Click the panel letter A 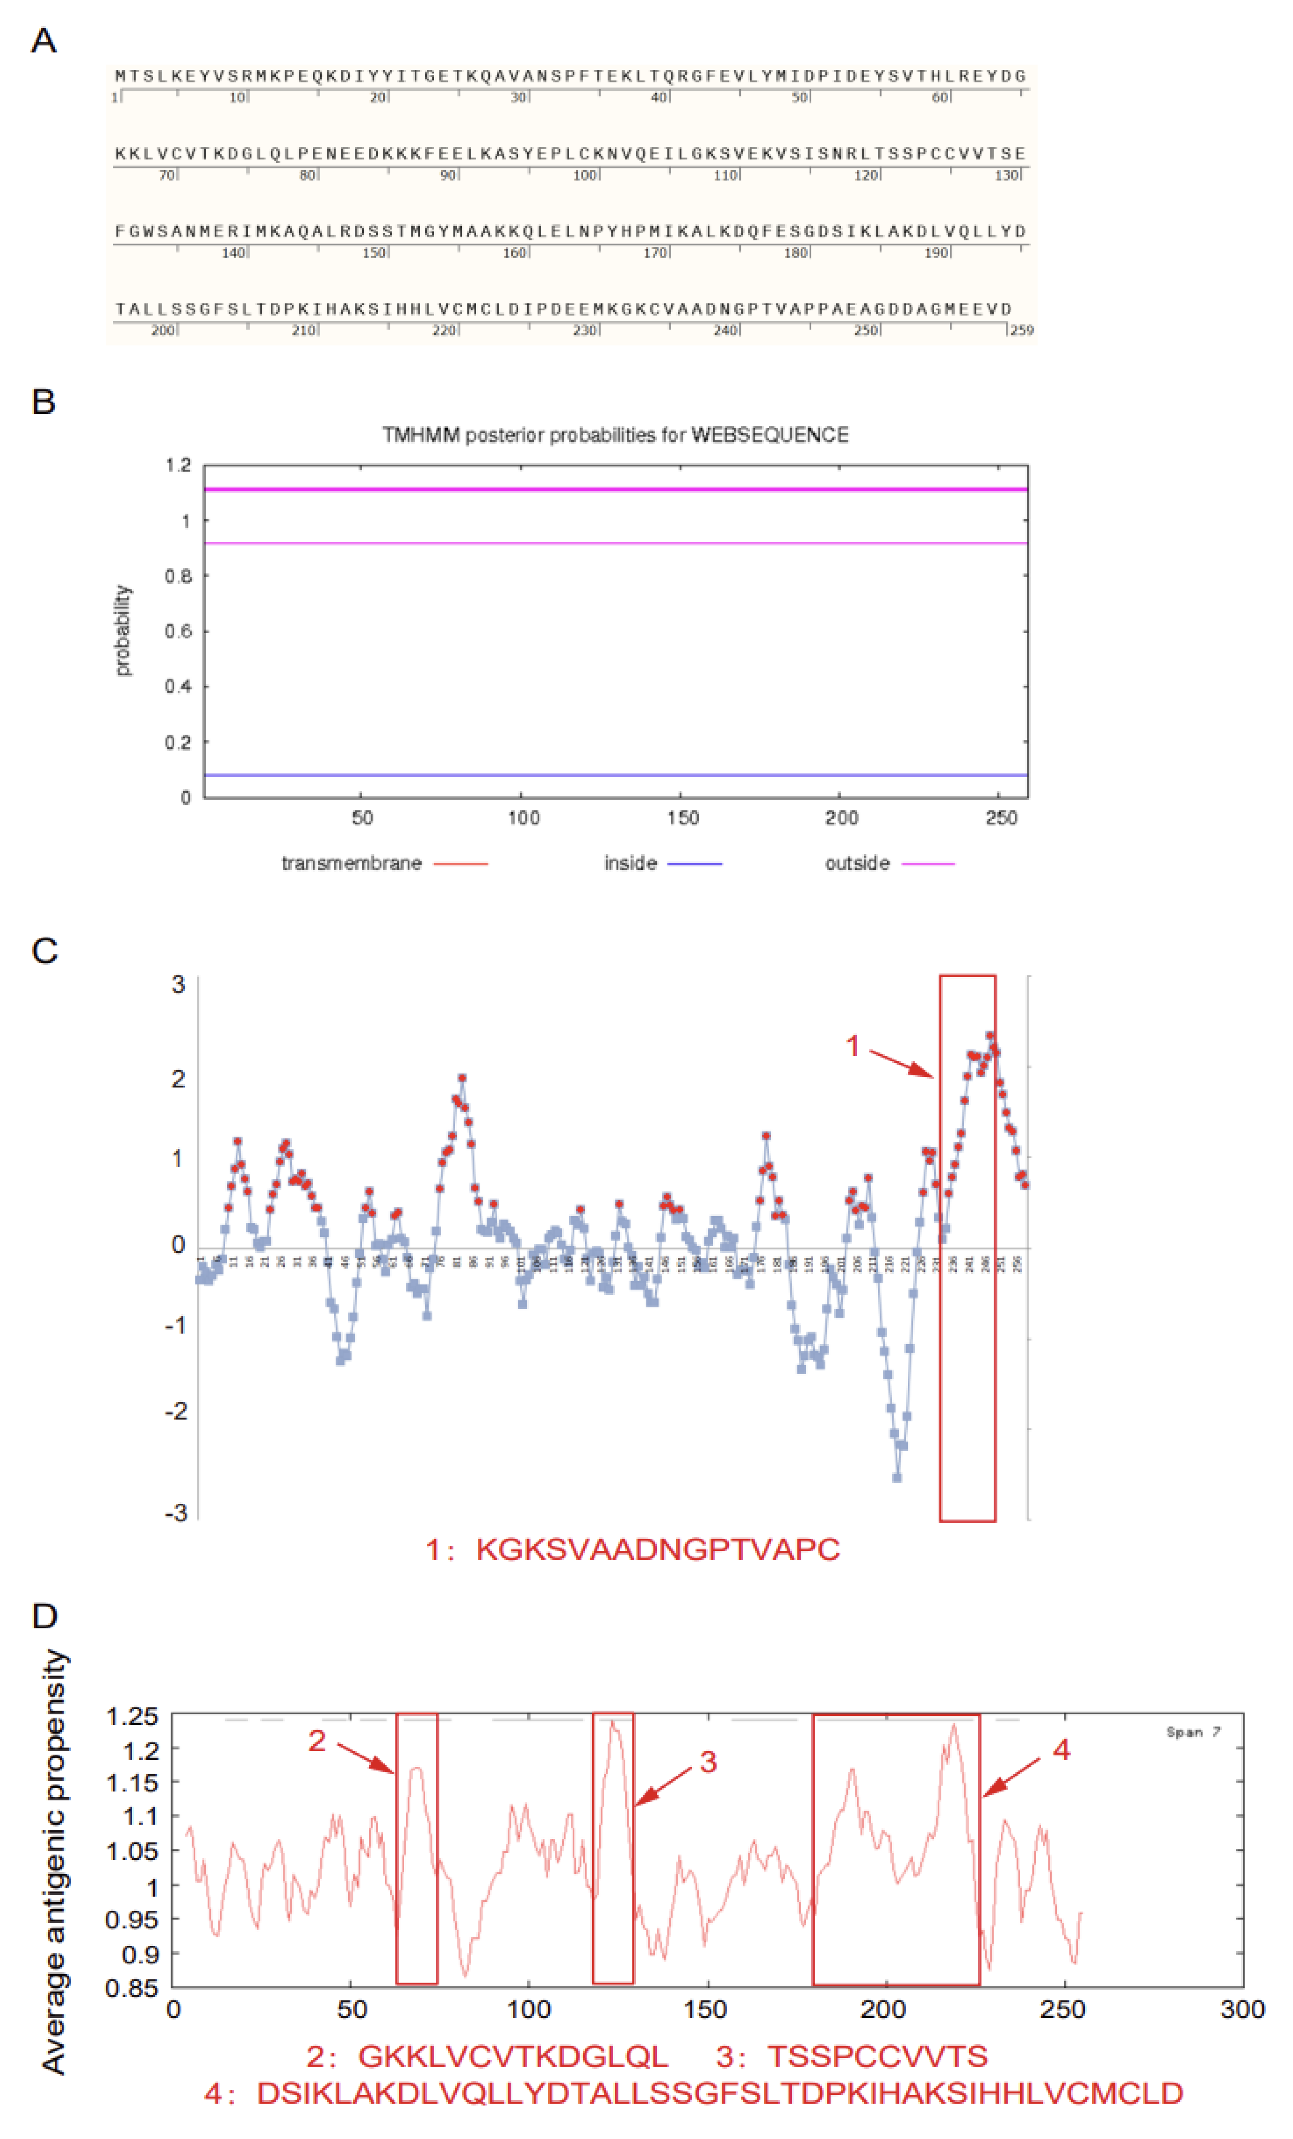click(43, 41)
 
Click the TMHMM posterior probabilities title click(615, 435)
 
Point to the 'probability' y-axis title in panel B click(123, 630)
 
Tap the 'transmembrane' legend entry click(352, 863)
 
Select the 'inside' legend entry click(630, 863)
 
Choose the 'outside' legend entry click(857, 863)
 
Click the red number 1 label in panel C click(853, 1046)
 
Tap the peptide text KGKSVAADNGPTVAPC click(657, 1550)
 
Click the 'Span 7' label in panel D click(1193, 1732)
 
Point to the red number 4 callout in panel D click(1061, 1749)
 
